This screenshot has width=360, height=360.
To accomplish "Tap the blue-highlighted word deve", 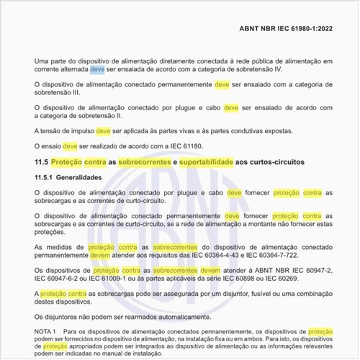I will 97,71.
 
